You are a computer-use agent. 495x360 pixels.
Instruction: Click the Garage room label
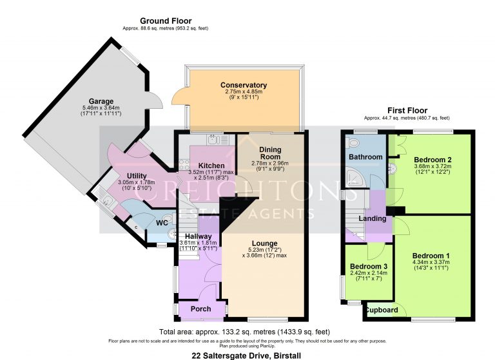pyautogui.click(x=101, y=101)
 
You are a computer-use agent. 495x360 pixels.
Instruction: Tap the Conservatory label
pyautogui.click(x=243, y=85)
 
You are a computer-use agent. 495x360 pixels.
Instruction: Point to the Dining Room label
pyautogui.click(x=270, y=153)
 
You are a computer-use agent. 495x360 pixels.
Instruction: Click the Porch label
pyautogui.click(x=200, y=309)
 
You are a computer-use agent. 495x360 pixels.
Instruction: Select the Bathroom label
pyautogui.click(x=365, y=156)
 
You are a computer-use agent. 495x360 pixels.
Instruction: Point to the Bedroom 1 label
pyautogui.click(x=431, y=256)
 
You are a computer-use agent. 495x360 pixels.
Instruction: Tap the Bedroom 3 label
pyautogui.click(x=368, y=267)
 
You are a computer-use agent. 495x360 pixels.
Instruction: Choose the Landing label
pyautogui.click(x=373, y=218)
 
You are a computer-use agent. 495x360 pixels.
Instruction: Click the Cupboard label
pyautogui.click(x=382, y=310)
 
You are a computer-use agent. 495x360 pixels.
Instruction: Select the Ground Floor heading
pyautogui.click(x=165, y=21)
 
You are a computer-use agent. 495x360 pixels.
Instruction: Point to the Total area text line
pyautogui.click(x=247, y=332)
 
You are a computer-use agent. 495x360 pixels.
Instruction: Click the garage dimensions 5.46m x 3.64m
pyautogui.click(x=101, y=108)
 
